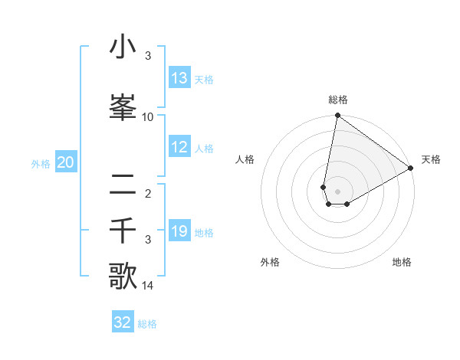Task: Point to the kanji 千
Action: click(x=123, y=230)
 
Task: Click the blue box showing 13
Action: click(x=179, y=78)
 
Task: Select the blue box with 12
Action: click(x=179, y=148)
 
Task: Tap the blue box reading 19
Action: click(x=179, y=231)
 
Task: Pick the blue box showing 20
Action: click(x=66, y=162)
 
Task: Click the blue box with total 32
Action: click(x=123, y=322)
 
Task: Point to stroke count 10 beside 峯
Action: click(x=148, y=117)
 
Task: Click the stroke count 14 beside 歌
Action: click(x=148, y=286)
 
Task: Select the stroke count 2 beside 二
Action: click(x=148, y=193)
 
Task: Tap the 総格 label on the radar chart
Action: click(x=338, y=100)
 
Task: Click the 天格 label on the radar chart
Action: click(x=431, y=159)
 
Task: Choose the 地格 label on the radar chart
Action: click(x=402, y=262)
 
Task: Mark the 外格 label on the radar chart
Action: click(x=270, y=262)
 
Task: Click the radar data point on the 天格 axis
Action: click(x=411, y=168)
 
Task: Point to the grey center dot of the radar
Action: click(x=338, y=191)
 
